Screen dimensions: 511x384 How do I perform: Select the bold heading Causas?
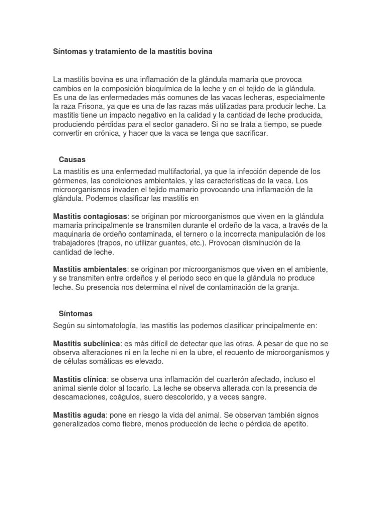pos(72,160)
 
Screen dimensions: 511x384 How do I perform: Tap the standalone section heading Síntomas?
pos(75,314)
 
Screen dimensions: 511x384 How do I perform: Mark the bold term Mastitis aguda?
pos(79,415)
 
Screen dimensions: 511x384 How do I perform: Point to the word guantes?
pos(183,243)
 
